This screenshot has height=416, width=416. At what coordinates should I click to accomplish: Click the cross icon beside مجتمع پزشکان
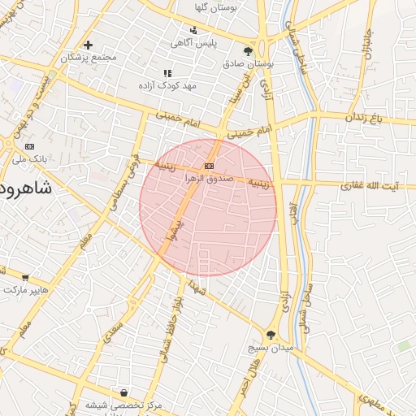(x=88, y=45)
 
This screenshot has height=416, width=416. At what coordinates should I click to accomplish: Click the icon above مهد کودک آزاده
(x=168, y=72)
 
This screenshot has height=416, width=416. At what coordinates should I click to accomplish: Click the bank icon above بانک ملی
(x=31, y=146)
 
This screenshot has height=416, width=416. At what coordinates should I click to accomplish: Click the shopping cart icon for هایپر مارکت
(x=25, y=277)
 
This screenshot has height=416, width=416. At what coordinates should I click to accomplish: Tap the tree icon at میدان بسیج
(x=271, y=333)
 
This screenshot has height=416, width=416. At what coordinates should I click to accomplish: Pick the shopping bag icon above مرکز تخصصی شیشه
(x=123, y=392)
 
